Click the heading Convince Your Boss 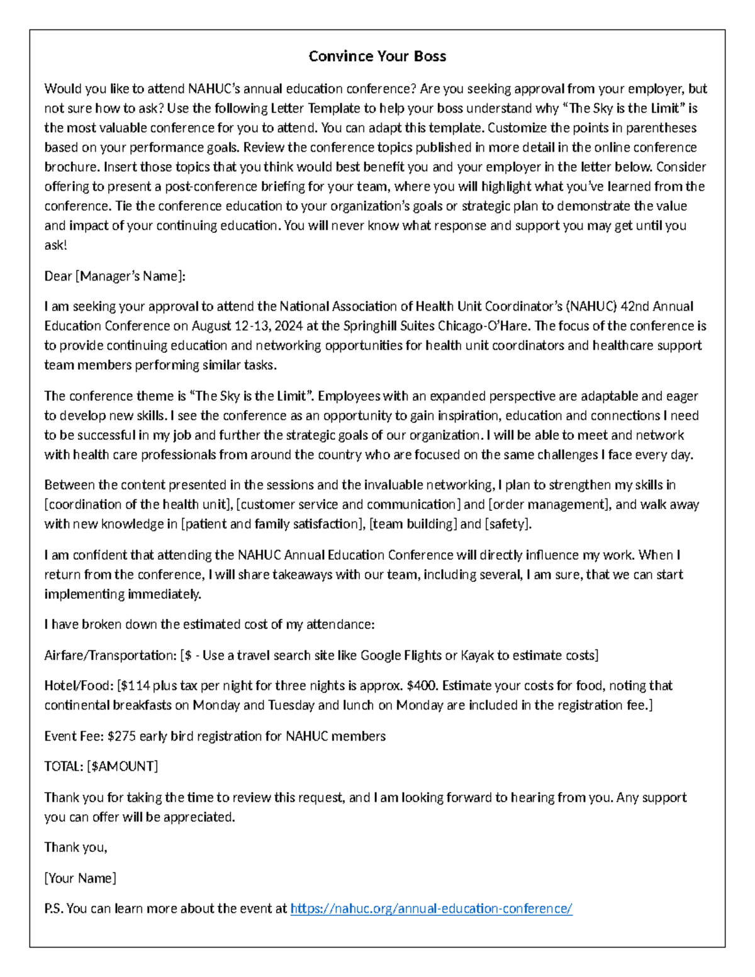click(377, 56)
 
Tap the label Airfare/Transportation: click(110, 656)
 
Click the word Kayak click(477, 656)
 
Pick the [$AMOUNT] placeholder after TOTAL click(123, 766)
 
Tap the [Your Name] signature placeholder click(80, 878)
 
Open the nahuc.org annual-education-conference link click(431, 909)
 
